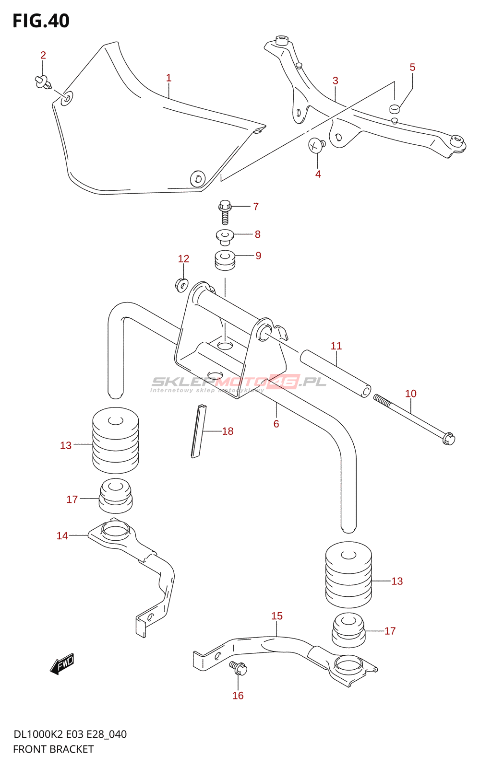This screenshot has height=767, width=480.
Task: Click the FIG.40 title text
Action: pos(41,21)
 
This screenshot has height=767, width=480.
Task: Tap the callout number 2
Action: pos(43,56)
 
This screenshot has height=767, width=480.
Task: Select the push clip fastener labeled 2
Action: pos(43,82)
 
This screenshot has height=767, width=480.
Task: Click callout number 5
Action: pos(412,68)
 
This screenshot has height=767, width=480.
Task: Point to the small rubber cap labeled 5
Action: pos(395,108)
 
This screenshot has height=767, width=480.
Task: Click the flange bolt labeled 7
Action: pos(225,211)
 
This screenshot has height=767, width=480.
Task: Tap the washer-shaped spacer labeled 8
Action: pos(224,236)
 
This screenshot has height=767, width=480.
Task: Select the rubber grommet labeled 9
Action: pos(225,260)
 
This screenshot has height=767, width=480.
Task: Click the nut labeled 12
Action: pos(181,285)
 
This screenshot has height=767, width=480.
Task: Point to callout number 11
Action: pos(336,346)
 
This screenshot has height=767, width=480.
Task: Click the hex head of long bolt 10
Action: pos(448,438)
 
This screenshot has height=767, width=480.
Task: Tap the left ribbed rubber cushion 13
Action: pos(115,440)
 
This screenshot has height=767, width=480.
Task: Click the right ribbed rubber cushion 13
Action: pos(348,574)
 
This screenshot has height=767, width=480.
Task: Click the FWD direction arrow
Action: pos(62,664)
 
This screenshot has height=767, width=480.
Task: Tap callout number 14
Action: pos(62,536)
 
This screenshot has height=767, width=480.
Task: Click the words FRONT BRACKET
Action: pos(53,749)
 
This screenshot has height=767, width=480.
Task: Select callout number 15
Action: pos(277,616)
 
